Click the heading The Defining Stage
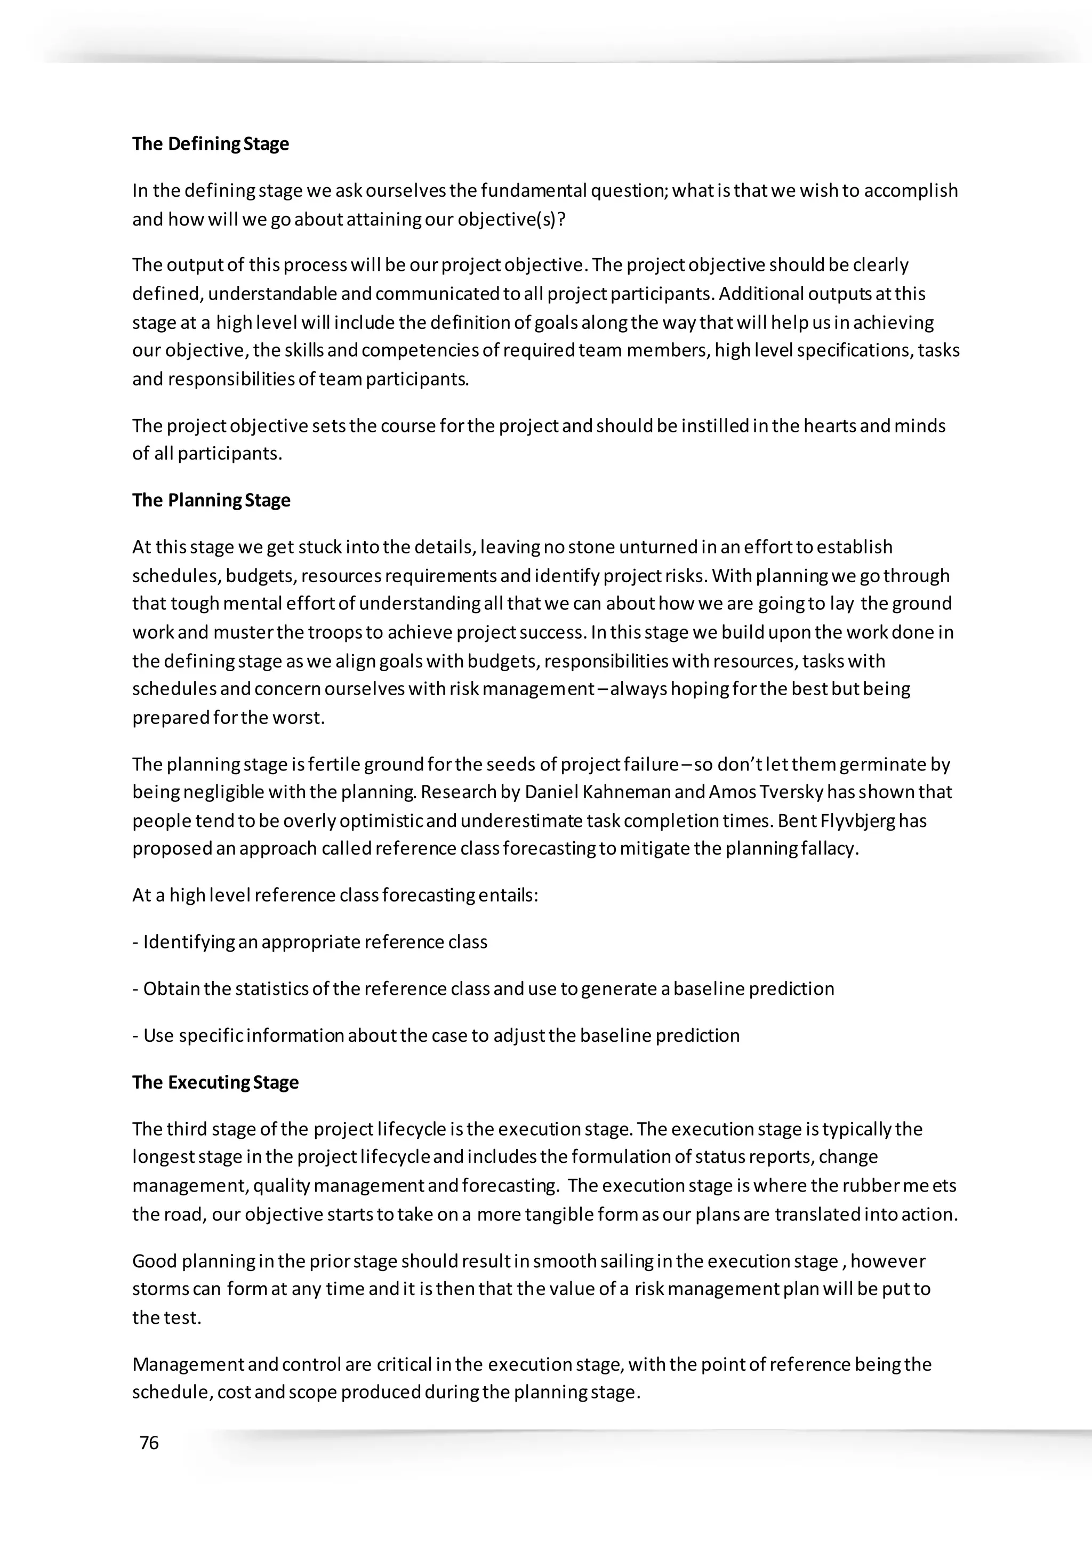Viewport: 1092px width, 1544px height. (x=211, y=144)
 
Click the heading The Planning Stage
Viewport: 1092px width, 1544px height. (x=211, y=500)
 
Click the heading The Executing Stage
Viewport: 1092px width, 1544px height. (x=215, y=1082)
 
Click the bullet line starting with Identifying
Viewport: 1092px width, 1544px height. (x=309, y=942)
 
